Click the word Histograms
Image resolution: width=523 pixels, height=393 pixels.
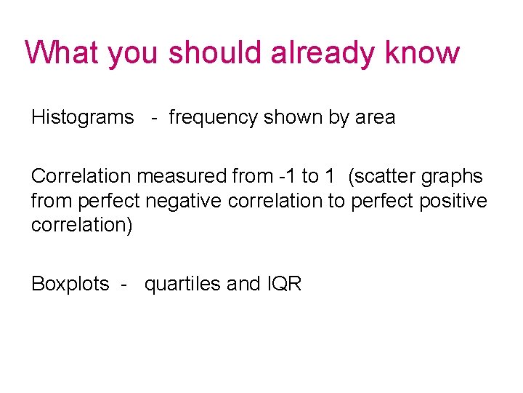pyautogui.click(x=83, y=117)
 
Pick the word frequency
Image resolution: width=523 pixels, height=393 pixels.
pyautogui.click(x=213, y=117)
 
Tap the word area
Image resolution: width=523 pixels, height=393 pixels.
pyautogui.click(x=375, y=117)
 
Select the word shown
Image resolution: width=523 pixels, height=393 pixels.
pyautogui.click(x=294, y=117)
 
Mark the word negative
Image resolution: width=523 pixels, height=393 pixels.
pyautogui.click(x=186, y=201)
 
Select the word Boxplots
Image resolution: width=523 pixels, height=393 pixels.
pyautogui.click(x=70, y=284)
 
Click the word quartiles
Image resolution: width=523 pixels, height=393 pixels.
pyautogui.click(x=183, y=284)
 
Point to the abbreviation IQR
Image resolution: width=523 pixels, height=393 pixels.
pyautogui.click(x=283, y=284)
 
